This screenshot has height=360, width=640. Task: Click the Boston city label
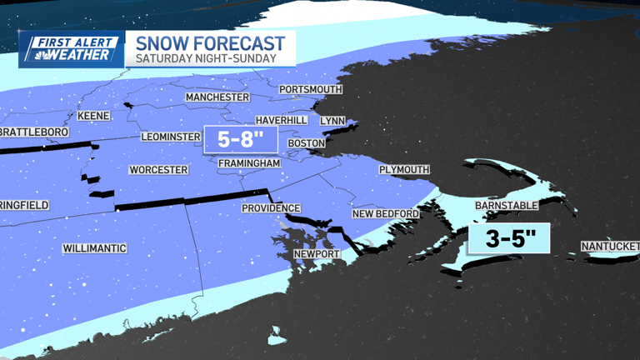306,143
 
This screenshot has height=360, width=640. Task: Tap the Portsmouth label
311,89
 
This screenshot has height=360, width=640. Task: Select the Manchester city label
217,97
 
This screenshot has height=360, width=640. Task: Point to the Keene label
93,116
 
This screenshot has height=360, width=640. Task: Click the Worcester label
158,170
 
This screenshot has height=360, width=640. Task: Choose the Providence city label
271,208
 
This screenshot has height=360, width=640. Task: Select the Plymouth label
404,170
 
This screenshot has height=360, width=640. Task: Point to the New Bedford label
385,214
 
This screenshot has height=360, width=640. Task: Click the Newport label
317,253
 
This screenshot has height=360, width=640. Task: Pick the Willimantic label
94,248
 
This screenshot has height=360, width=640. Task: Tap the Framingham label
249,162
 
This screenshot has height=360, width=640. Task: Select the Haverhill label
281,121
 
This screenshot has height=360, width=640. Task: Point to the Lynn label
332,121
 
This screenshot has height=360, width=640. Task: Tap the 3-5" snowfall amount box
508,239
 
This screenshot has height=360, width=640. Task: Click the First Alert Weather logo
72,49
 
